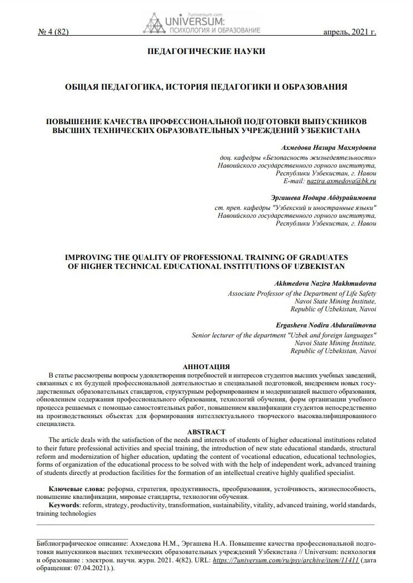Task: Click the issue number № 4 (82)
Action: tap(53, 32)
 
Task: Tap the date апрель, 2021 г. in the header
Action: tap(350, 32)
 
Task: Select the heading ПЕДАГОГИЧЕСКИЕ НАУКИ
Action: tap(206, 52)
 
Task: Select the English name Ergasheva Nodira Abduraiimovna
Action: tap(326, 325)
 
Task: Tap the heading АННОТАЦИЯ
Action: tap(206, 366)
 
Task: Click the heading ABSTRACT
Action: tap(206, 432)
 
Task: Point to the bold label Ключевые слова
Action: tap(69, 488)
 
